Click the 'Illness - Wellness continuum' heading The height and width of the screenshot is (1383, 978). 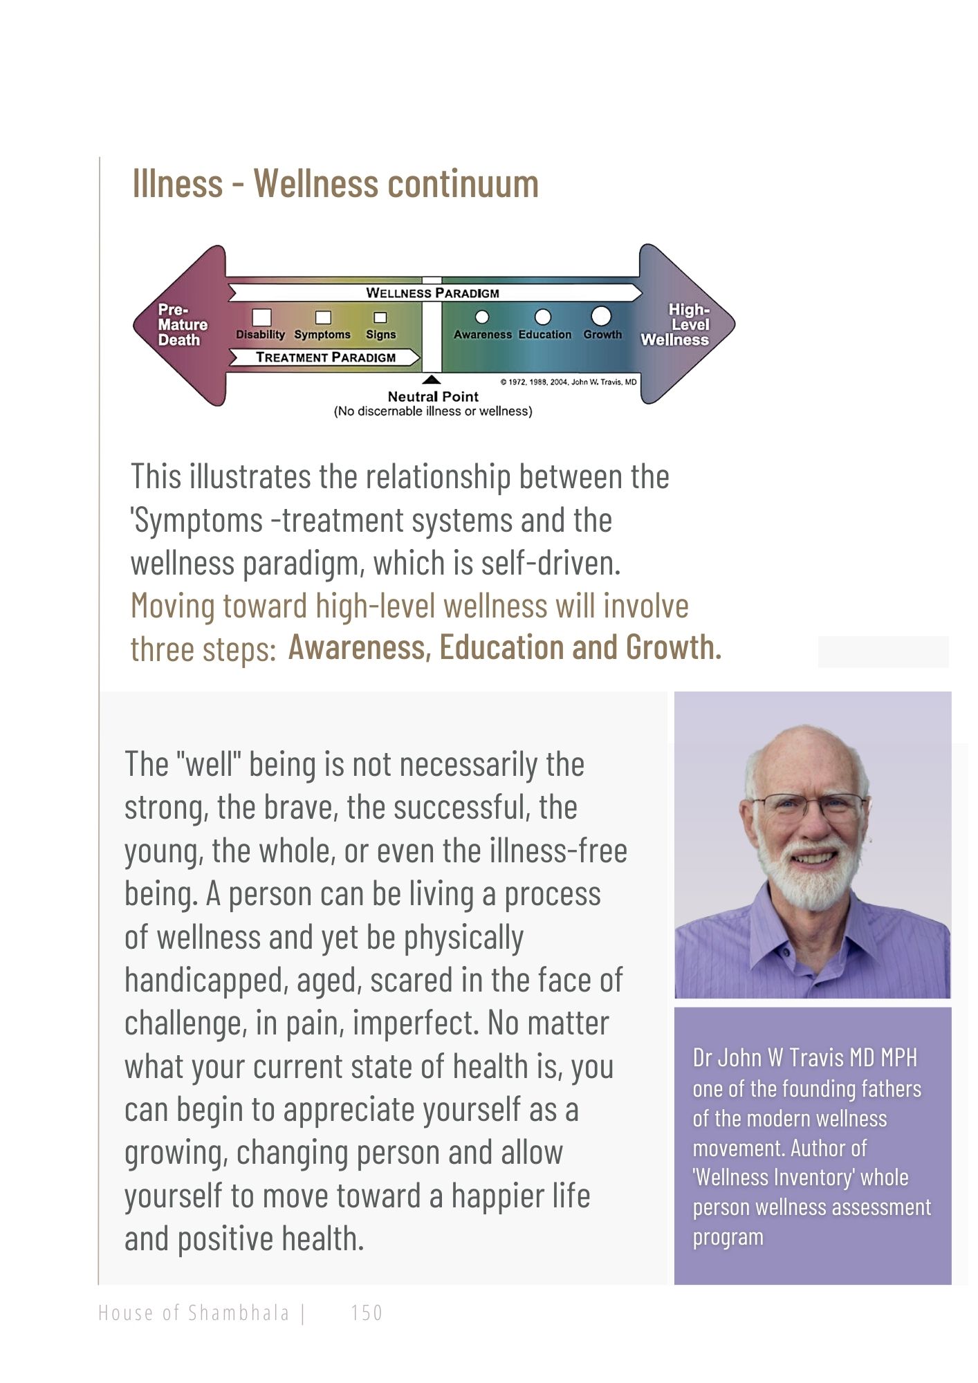click(x=335, y=184)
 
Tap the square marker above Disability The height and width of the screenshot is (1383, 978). click(x=261, y=317)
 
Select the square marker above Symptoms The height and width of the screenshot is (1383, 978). click(x=323, y=317)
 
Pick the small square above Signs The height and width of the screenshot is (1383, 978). click(x=380, y=318)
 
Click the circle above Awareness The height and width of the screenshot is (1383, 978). click(x=482, y=317)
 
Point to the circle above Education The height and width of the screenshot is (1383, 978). click(x=544, y=317)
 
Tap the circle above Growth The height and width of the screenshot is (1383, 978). click(x=601, y=316)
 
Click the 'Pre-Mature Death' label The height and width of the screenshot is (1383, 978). click(x=182, y=325)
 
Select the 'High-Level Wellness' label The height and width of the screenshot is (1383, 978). click(x=678, y=325)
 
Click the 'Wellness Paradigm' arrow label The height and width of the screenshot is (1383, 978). click(x=432, y=293)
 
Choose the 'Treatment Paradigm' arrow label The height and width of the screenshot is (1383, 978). click(x=326, y=358)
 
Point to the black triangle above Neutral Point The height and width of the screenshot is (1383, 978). click(x=432, y=380)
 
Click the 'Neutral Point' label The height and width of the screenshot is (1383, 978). click(x=433, y=397)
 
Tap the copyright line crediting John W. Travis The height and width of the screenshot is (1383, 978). click(x=568, y=382)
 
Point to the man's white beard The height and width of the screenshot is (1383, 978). click(x=809, y=878)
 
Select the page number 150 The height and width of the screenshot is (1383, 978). click(x=367, y=1312)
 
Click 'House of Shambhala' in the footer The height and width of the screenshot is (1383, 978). click(x=194, y=1312)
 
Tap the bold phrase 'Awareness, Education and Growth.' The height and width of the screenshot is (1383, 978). click(x=505, y=648)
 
